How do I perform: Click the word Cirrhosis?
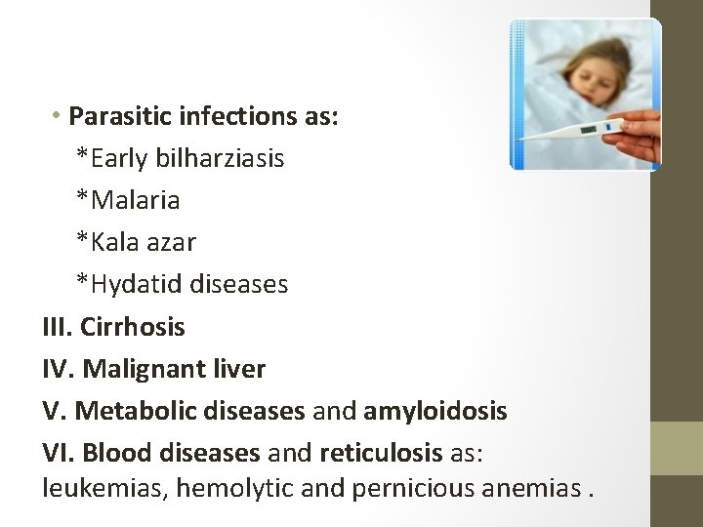click(133, 326)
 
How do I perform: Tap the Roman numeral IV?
click(59, 369)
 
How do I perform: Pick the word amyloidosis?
click(435, 411)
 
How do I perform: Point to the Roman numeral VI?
click(59, 453)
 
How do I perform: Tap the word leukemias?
click(104, 487)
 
